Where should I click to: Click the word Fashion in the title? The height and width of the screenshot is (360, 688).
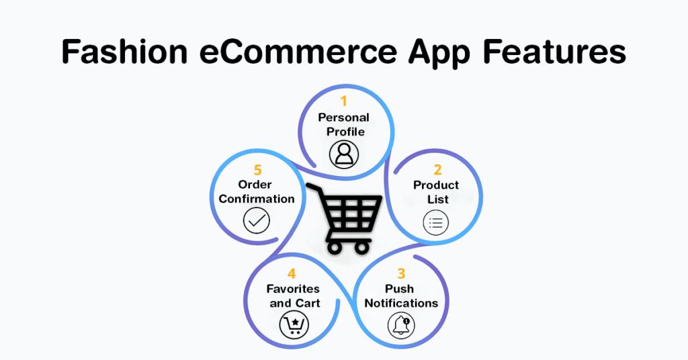(x=124, y=52)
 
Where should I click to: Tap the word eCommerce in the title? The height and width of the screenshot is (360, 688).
(x=298, y=52)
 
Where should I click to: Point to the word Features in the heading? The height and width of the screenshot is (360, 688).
(x=554, y=52)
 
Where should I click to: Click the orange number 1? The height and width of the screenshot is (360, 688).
(x=343, y=101)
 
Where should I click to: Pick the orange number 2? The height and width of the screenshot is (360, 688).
(x=437, y=170)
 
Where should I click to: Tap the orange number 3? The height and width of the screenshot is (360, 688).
(x=401, y=273)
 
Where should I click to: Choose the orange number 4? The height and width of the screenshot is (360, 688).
(x=292, y=273)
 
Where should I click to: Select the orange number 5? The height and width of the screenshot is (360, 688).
(x=257, y=170)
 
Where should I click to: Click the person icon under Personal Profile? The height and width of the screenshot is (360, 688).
(x=344, y=154)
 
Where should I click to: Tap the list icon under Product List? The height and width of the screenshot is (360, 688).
(x=435, y=223)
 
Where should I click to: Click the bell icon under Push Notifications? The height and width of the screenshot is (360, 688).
(x=401, y=325)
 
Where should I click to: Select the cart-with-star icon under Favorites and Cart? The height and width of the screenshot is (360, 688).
(x=294, y=325)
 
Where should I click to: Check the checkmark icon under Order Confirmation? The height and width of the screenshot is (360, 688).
(x=256, y=220)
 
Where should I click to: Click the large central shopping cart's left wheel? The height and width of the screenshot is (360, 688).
(x=335, y=248)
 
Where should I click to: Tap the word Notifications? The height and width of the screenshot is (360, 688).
(x=401, y=303)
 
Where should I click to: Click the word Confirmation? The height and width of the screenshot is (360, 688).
(x=256, y=199)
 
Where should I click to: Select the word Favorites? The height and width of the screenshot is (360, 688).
(x=293, y=289)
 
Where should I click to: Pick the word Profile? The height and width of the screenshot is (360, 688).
(x=345, y=132)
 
